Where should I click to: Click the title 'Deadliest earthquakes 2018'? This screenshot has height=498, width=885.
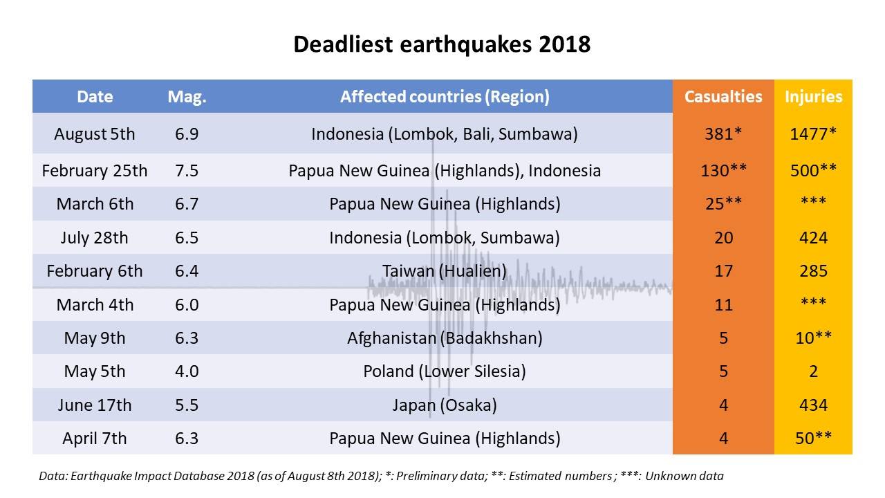[x=442, y=44]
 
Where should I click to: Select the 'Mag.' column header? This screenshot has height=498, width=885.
[x=187, y=97]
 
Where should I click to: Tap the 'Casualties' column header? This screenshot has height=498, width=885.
[x=723, y=97]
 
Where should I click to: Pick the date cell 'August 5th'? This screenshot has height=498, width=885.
[x=95, y=134]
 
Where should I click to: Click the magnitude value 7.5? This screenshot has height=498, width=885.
[x=187, y=171]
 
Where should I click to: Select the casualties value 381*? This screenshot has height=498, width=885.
[x=723, y=134]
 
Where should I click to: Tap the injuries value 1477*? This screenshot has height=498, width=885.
[x=813, y=134]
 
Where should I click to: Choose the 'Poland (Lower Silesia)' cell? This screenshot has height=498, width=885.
[x=445, y=372]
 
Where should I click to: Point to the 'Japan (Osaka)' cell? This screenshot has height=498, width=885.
[x=445, y=405]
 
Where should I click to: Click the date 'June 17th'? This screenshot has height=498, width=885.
[x=95, y=405]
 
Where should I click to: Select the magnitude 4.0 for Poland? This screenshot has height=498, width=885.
[x=187, y=371]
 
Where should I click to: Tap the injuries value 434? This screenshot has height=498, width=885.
[x=813, y=405]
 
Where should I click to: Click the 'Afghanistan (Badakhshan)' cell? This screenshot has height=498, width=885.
[x=445, y=338]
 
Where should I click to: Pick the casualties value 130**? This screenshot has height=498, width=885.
[x=723, y=171]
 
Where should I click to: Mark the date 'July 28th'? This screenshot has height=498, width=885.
[x=95, y=238]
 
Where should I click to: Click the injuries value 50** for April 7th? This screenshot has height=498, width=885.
[x=813, y=439]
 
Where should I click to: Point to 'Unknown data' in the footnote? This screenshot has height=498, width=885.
[x=684, y=476]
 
